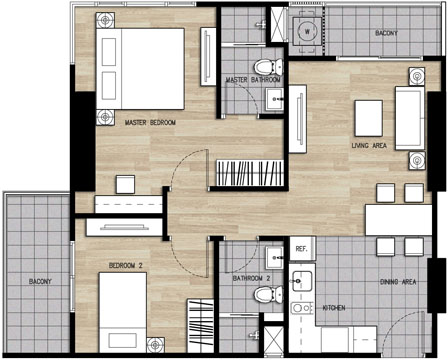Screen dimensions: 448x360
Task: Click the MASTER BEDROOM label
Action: (x=150, y=123)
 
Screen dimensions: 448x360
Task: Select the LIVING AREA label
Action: (x=369, y=146)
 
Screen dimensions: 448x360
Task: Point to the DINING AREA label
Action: (x=398, y=282)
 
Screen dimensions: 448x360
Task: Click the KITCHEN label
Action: (x=334, y=308)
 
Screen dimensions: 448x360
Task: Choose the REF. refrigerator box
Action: (x=302, y=248)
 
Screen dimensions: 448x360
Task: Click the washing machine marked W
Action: (x=307, y=32)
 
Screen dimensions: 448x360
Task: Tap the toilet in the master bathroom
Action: (x=268, y=67)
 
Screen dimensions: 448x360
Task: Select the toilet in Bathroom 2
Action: (x=268, y=295)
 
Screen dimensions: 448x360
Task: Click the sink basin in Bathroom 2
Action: (x=275, y=258)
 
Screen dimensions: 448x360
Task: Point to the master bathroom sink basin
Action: (x=275, y=99)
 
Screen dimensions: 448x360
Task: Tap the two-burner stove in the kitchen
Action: (x=302, y=308)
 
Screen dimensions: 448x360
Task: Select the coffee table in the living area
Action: (x=369, y=118)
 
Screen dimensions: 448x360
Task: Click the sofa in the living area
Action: (x=410, y=118)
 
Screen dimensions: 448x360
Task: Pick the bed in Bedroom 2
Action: (x=123, y=312)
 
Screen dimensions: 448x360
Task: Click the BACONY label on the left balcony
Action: (x=40, y=282)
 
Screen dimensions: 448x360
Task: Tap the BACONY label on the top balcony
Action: (x=386, y=33)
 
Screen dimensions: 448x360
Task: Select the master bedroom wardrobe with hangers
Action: (x=250, y=173)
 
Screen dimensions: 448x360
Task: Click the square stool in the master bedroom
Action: (x=125, y=184)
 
